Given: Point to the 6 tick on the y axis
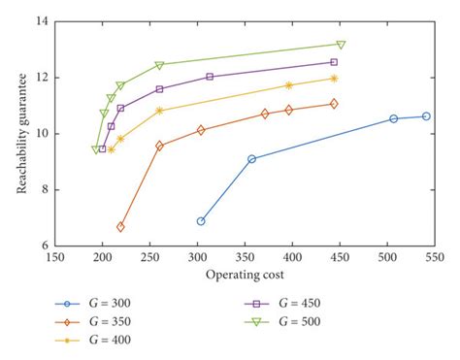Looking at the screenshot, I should coord(43,246).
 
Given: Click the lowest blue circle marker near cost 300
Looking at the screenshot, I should coord(201,221).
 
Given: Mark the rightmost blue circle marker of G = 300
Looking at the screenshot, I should coord(426,116).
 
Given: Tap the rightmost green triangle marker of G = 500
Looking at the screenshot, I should coord(341,45).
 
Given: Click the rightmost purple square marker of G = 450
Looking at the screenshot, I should coord(334,62).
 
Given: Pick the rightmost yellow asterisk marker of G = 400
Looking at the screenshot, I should coord(334,79).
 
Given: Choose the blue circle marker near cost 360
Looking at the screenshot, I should coord(251,159).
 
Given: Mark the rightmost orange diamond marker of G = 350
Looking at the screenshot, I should coord(334,104).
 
